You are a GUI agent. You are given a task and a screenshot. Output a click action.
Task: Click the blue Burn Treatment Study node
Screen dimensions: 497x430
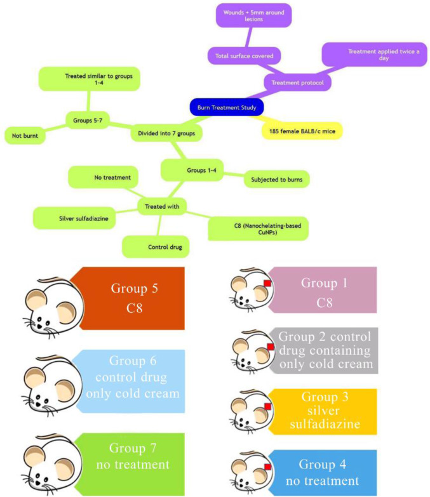(227, 107)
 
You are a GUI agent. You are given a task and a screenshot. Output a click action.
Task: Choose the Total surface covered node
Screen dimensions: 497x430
(244, 56)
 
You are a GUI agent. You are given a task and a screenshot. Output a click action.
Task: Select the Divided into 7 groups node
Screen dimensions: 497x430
(166, 134)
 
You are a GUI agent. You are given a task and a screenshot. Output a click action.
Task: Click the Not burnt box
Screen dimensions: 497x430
(25, 135)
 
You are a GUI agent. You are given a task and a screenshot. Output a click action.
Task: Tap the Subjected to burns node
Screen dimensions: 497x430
(276, 180)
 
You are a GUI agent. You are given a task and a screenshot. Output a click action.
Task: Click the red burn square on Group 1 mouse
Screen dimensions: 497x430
(268, 283)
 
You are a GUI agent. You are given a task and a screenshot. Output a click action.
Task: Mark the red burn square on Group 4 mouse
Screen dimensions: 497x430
(267, 467)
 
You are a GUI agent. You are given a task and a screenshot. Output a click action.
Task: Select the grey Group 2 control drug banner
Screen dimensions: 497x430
(323, 350)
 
